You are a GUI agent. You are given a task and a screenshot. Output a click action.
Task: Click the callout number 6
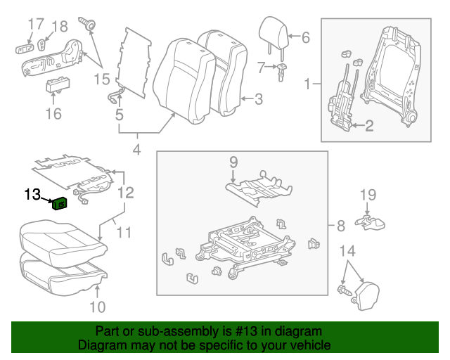click(305, 38)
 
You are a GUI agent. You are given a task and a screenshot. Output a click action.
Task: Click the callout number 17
click(35, 27)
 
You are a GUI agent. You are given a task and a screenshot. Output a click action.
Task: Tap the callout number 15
click(102, 79)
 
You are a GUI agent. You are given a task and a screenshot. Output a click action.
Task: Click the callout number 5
click(120, 112)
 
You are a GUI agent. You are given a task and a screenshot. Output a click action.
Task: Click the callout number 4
click(136, 149)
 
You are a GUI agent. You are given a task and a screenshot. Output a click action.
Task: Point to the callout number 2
click(369, 127)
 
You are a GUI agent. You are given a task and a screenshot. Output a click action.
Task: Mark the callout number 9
click(234, 163)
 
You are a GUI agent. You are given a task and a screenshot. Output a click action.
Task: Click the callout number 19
click(368, 195)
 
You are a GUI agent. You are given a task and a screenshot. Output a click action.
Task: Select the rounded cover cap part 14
click(366, 290)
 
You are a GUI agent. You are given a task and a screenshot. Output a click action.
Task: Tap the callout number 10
click(98, 306)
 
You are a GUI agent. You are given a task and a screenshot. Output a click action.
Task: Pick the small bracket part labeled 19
click(371, 224)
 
